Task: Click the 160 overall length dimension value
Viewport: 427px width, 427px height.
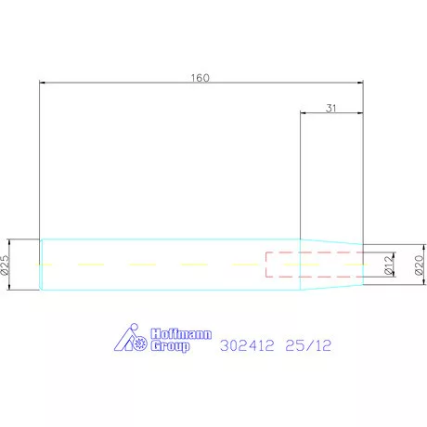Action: (x=199, y=77)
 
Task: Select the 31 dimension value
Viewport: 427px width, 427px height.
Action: (x=331, y=109)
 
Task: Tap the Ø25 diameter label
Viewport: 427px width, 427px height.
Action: (x=5, y=265)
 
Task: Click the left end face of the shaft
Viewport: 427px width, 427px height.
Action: (x=41, y=265)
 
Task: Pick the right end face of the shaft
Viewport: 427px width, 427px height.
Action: (x=363, y=265)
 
